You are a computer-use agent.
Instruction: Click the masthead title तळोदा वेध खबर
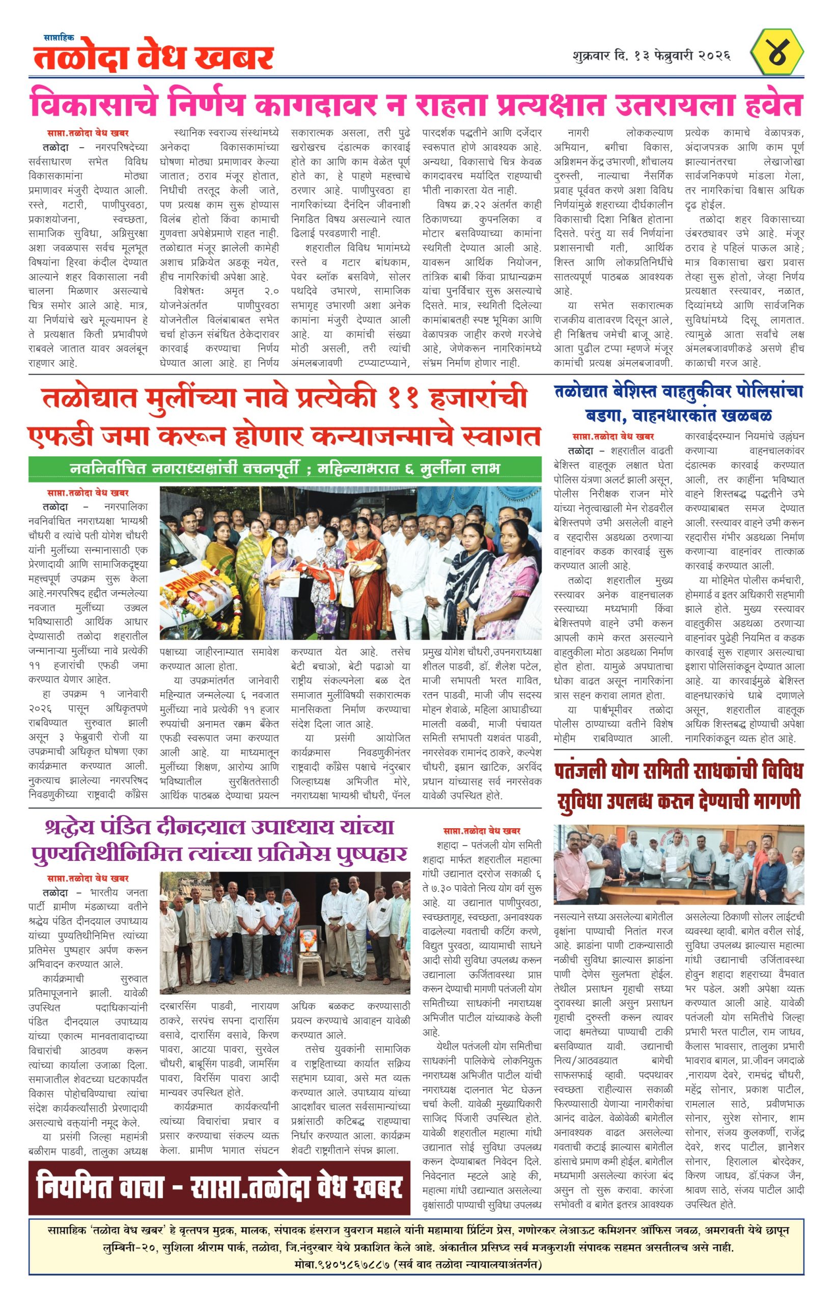[153, 58]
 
